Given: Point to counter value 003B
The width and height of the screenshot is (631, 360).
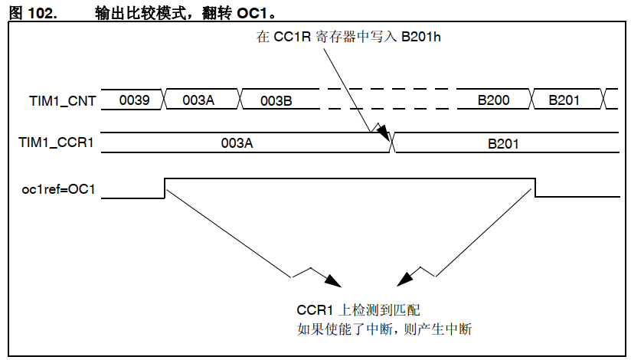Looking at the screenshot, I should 276,100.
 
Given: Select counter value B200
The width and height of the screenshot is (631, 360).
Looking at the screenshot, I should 494,100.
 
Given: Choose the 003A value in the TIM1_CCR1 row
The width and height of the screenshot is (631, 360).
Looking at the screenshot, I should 237,142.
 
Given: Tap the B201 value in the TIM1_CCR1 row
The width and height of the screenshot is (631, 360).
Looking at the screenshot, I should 504,142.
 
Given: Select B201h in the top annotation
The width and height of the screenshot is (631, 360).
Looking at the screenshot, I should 421,37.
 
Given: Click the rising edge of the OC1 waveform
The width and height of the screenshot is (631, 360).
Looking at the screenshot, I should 165,188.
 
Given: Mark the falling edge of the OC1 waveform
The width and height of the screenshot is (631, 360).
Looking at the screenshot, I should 535,188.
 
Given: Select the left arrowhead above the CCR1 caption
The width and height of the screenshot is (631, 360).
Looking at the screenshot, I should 332,279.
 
